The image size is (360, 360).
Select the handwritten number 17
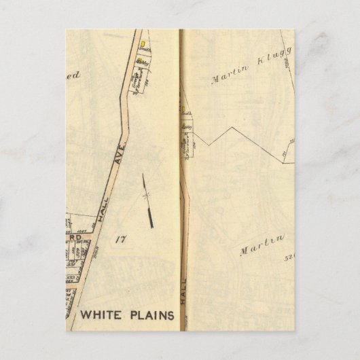(x=122, y=238)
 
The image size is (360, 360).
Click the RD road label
(x=77, y=238)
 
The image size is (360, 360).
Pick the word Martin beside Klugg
(x=225, y=78)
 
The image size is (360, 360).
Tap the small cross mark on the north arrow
(x=145, y=195)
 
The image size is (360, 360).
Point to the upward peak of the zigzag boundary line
(x=234, y=127)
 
